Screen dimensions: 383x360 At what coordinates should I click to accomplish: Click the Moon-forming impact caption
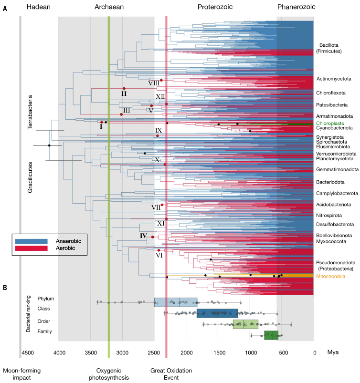[x=21, y=374]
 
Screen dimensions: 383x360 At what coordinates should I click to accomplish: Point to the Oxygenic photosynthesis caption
[x=109, y=374]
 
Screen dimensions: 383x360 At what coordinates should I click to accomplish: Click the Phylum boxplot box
[x=175, y=302]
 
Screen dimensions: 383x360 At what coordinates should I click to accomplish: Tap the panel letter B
[x=5, y=288]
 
